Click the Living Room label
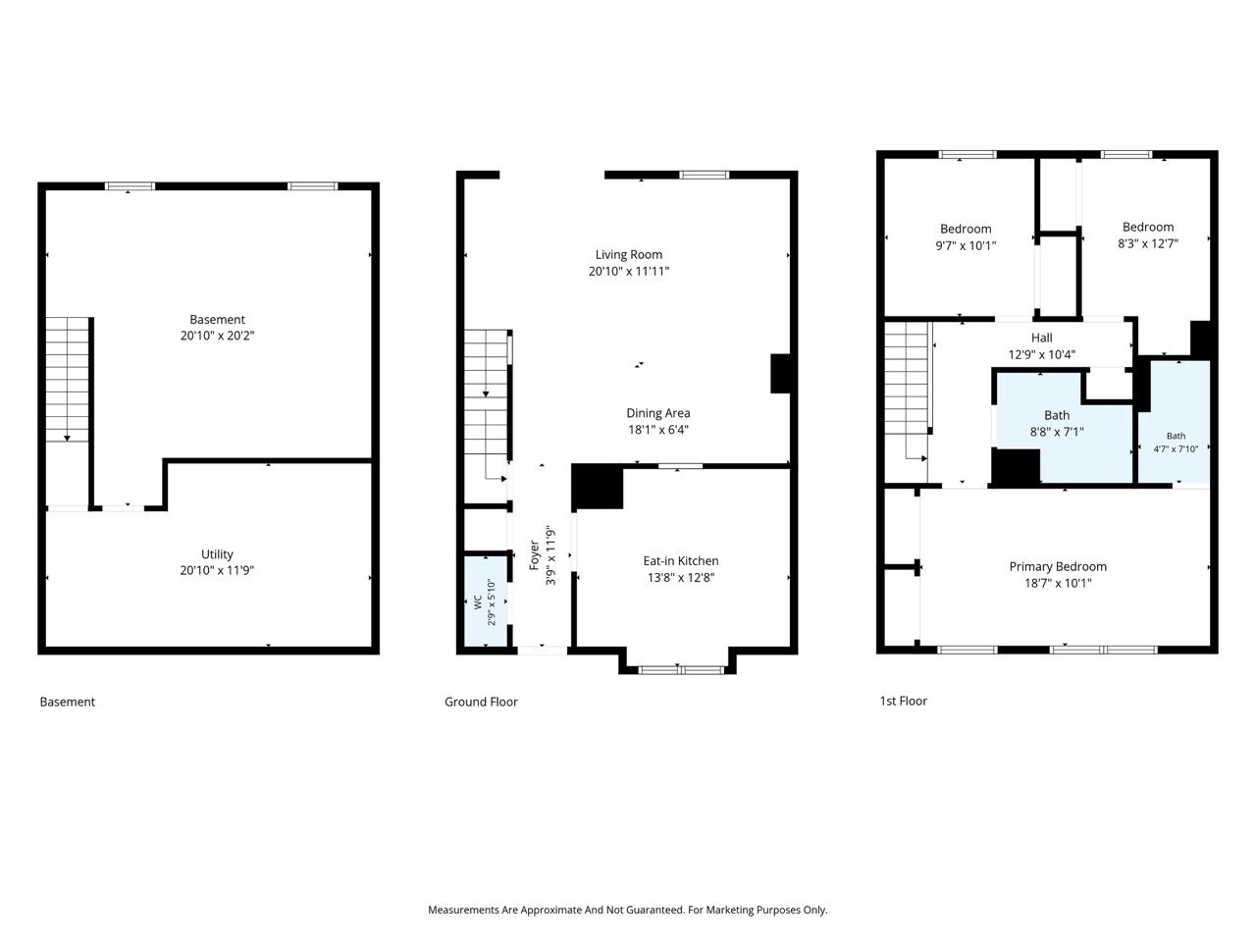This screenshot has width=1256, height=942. [x=628, y=254]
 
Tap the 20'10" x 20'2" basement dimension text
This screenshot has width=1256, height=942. [x=217, y=336]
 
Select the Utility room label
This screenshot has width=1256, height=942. [x=217, y=554]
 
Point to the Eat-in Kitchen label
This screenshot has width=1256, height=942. [x=680, y=561]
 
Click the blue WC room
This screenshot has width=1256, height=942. [x=486, y=602]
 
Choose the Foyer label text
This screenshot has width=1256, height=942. [x=534, y=555]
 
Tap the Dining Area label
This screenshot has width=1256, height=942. [x=658, y=413]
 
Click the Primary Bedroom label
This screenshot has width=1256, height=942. [x=1058, y=567]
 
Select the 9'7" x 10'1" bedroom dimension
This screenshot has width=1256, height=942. [x=966, y=246]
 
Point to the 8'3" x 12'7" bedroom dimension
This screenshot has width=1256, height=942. [x=1148, y=243]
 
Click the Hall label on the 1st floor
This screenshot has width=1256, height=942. [x=1041, y=338]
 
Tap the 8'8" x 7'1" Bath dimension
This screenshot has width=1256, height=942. [x=1056, y=432]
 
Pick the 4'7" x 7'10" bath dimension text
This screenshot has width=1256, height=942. [x=1176, y=449]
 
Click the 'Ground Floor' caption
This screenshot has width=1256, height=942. [x=481, y=702]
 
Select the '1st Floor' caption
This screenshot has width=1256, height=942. [x=903, y=701]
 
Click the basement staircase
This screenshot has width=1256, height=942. [x=67, y=379]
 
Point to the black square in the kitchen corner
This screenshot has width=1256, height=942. [x=598, y=486]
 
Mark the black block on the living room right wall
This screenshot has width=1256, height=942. [x=780, y=374]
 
